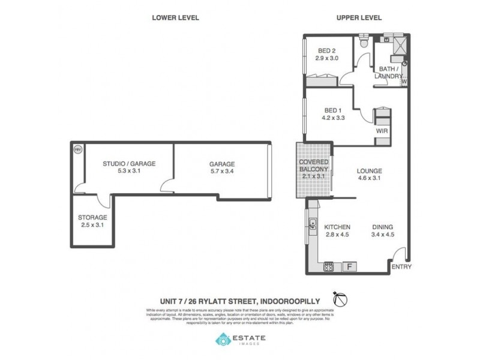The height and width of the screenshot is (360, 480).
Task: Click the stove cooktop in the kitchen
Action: (x=329, y=266)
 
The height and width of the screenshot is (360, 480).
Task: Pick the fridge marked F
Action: (x=349, y=266)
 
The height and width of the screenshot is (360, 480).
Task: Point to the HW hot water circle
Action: (x=77, y=150)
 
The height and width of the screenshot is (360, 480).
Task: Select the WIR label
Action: (x=380, y=130)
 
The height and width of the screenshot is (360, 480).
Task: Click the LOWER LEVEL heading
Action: (x=175, y=18)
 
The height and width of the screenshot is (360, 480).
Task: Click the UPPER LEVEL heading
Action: (x=358, y=18)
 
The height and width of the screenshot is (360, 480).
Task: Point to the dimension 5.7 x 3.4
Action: (x=222, y=172)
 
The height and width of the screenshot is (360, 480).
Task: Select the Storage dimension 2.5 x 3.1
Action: (x=92, y=225)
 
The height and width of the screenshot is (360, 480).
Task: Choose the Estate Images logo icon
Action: (x=223, y=340)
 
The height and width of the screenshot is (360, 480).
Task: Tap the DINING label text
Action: (x=382, y=227)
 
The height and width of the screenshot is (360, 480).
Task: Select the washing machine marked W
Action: (x=404, y=81)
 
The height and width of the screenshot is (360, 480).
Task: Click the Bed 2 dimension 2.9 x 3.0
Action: (x=327, y=58)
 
